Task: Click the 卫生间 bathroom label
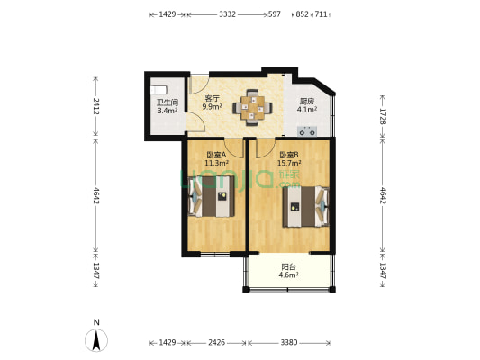coord(168,103)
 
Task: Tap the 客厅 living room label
coord(212,98)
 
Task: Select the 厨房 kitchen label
coord(307,101)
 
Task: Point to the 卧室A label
coord(216,155)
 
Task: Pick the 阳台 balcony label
coord(288,267)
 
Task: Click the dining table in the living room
coord(252,108)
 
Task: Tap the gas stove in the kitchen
coord(307,131)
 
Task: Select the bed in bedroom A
coord(212,196)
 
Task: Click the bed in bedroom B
coord(305,207)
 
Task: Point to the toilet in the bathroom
coord(158,90)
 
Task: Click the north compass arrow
coord(96,340)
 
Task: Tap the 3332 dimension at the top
coord(228,14)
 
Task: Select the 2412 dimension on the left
coord(95,106)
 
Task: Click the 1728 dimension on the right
coord(383,116)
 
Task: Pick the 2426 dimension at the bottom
coord(217,342)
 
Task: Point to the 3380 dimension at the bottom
coord(289,342)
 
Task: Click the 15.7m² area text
coord(289,163)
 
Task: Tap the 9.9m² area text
coord(212,106)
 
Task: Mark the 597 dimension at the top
coord(275,14)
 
